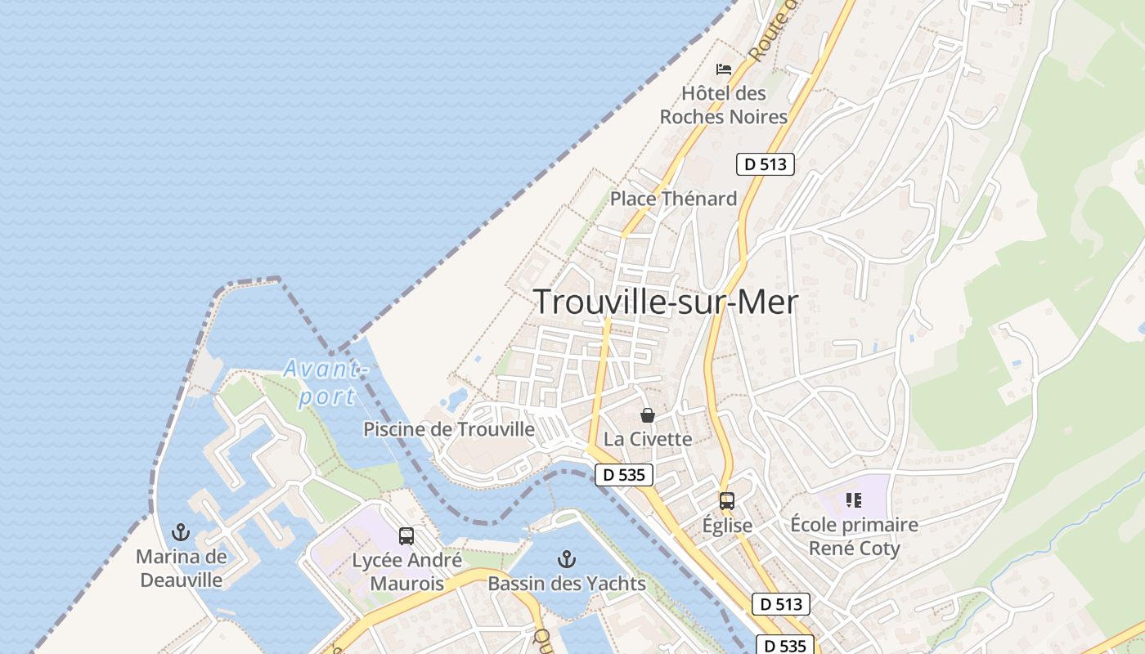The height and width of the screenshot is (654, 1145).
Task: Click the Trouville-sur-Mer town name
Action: click(666, 302)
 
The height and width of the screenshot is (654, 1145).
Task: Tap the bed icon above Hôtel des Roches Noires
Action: click(724, 69)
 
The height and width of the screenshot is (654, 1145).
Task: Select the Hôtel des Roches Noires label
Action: click(724, 105)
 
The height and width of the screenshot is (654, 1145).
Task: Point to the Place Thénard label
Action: click(673, 199)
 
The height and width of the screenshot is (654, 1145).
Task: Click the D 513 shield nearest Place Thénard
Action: click(765, 164)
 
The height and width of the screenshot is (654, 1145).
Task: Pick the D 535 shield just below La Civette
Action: click(623, 474)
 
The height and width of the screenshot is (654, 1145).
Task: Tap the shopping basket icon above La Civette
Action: click(648, 415)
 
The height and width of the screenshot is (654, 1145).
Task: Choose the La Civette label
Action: click(648, 439)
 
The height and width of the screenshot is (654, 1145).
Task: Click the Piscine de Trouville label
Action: click(449, 429)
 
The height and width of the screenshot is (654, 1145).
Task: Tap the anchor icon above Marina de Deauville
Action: click(180, 533)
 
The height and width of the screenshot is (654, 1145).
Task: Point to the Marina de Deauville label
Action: click(181, 569)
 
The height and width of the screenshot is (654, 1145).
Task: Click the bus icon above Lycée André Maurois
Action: click(406, 536)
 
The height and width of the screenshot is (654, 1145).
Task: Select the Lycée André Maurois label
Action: click(406, 572)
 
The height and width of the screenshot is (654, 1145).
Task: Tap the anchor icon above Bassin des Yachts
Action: click(566, 560)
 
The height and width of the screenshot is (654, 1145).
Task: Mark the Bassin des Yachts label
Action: click(567, 584)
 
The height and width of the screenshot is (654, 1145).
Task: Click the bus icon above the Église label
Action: click(727, 501)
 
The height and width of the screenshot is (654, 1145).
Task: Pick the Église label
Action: click(727, 526)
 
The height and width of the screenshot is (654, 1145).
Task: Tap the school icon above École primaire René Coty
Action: click(854, 500)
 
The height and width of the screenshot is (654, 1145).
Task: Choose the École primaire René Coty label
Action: click(854, 536)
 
